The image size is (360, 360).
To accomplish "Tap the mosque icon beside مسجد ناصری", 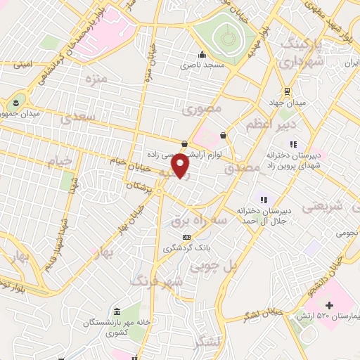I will (x=202, y=55).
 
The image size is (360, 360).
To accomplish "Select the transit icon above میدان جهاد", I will (x=286, y=91).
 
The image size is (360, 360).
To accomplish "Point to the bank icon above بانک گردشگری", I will (x=186, y=237).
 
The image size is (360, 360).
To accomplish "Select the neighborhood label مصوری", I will (x=202, y=109).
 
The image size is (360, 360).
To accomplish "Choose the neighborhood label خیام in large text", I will (x=60, y=162).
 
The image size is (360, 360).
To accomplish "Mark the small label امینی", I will (x=23, y=65).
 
